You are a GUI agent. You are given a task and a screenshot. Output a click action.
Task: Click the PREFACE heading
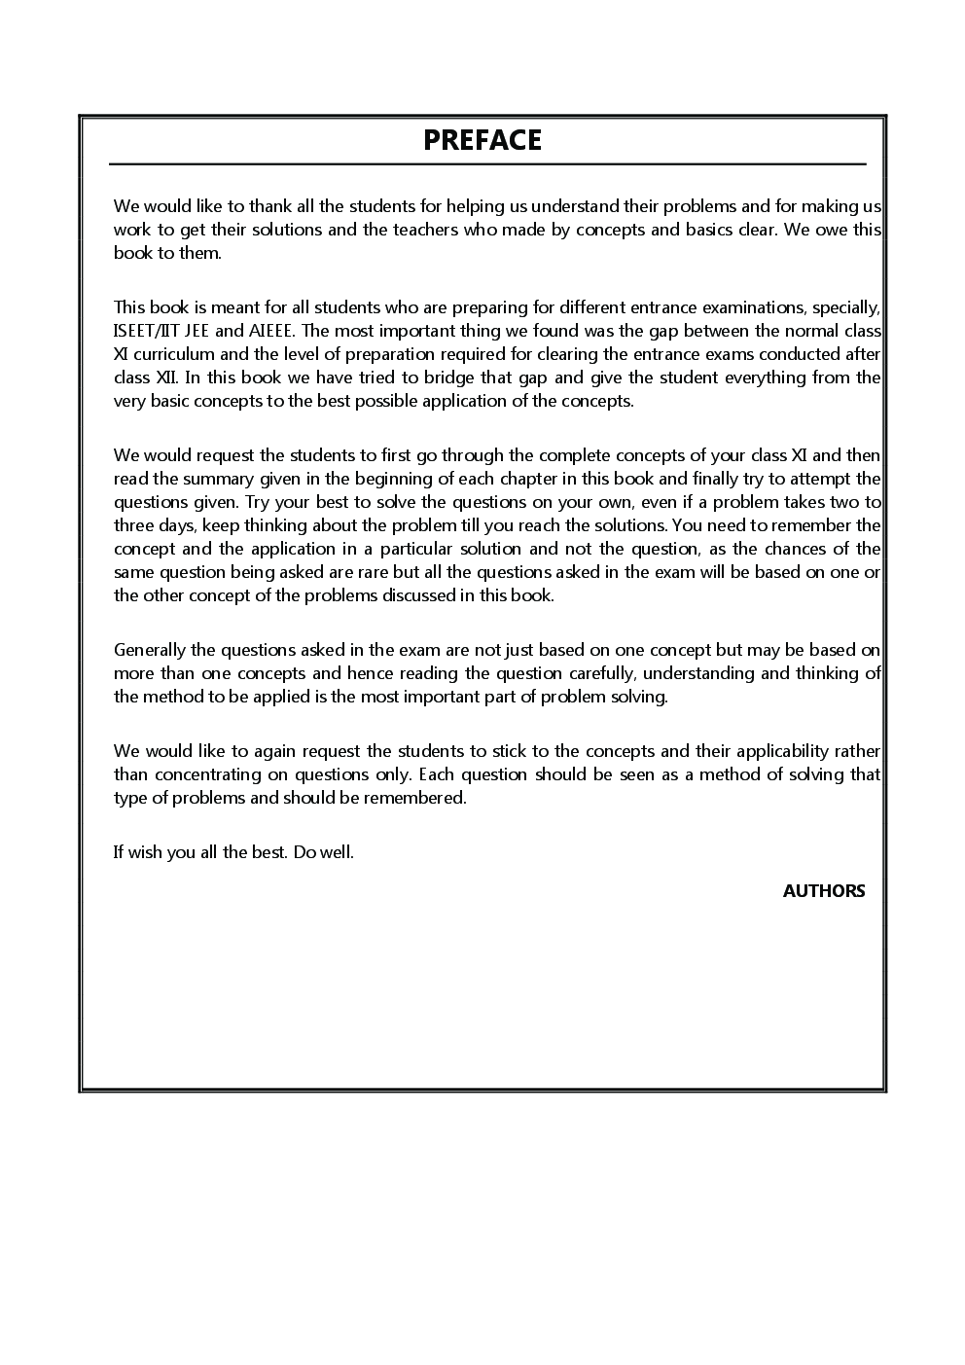482,140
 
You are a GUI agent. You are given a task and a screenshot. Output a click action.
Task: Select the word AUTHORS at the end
823,891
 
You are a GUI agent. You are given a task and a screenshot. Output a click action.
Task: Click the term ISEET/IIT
146,331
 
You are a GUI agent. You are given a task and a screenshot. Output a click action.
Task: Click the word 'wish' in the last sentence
146,852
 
